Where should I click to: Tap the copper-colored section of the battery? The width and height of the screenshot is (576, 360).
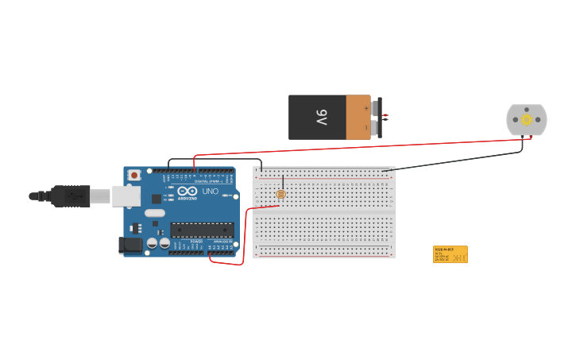coord(358,118)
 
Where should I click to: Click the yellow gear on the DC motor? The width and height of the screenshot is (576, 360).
coord(526,119)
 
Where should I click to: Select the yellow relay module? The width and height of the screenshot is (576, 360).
coord(450,254)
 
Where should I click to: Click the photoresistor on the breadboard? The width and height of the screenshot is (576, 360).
coord(280,194)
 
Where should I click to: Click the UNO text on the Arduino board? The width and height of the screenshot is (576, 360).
coord(211,192)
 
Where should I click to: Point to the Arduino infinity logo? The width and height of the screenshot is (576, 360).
coord(187,192)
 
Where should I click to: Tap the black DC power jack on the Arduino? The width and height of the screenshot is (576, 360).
coord(131,246)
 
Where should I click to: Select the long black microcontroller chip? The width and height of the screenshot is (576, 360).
coord(202,230)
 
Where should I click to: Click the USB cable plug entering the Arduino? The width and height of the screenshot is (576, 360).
coord(75,195)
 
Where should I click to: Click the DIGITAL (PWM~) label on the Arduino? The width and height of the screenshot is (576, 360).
coord(208,181)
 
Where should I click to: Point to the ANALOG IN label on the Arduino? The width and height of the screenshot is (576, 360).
coord(222,242)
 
